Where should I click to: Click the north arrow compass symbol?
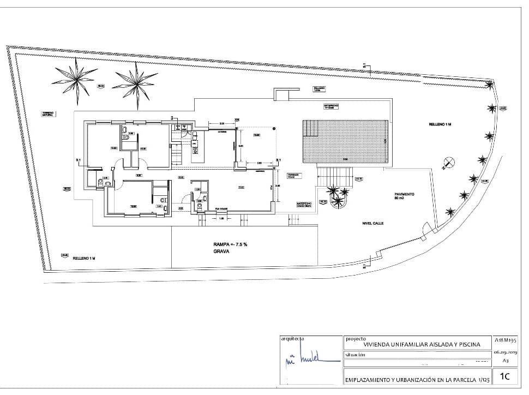(449, 161)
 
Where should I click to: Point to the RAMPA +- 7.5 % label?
(231, 244)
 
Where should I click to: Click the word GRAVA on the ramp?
(222, 252)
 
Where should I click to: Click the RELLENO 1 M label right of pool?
(440, 125)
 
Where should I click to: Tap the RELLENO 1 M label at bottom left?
(85, 259)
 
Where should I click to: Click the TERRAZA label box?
(294, 176)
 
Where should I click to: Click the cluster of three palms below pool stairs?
(337, 196)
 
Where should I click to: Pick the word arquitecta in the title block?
(293, 338)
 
